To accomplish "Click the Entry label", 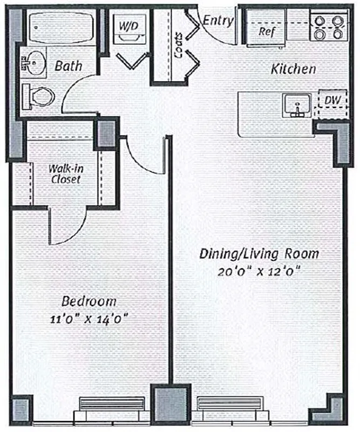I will (x=219, y=21).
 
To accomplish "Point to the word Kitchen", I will (x=293, y=69).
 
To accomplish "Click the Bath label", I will (x=69, y=66).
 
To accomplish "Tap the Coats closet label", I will (x=179, y=38).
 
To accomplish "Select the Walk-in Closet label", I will (x=64, y=173).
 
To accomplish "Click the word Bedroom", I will (x=89, y=301).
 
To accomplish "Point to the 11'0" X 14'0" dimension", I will (x=89, y=318).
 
